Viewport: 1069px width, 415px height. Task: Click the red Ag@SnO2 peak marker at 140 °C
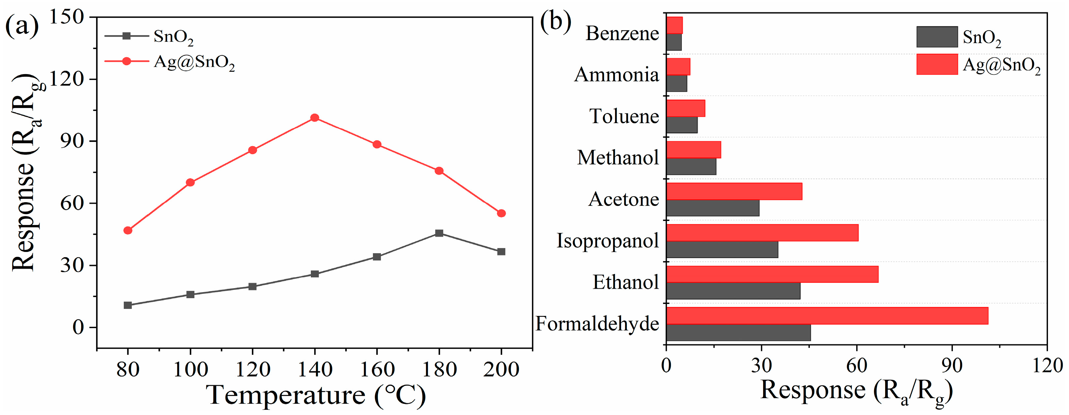click(x=314, y=118)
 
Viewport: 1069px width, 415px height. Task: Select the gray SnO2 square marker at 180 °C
click(x=439, y=233)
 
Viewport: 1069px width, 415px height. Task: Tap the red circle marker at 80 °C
click(x=128, y=230)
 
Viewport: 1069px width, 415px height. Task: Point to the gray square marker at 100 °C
click(x=190, y=294)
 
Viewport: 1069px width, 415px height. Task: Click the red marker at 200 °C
click(x=501, y=213)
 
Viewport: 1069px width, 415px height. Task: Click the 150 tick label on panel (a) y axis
click(x=66, y=17)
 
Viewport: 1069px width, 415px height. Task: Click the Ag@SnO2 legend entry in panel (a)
click(x=194, y=62)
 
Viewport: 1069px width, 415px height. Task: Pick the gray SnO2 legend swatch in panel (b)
click(x=937, y=37)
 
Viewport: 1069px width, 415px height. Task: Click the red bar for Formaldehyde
click(x=827, y=316)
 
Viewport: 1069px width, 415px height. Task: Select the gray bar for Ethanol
click(x=733, y=291)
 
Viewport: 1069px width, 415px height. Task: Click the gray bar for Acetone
click(x=712, y=208)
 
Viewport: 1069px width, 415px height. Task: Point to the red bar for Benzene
click(x=674, y=25)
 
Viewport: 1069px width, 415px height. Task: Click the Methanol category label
click(x=617, y=158)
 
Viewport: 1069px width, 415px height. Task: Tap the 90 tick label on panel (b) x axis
click(x=951, y=366)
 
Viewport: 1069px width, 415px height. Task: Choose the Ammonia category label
click(x=616, y=75)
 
